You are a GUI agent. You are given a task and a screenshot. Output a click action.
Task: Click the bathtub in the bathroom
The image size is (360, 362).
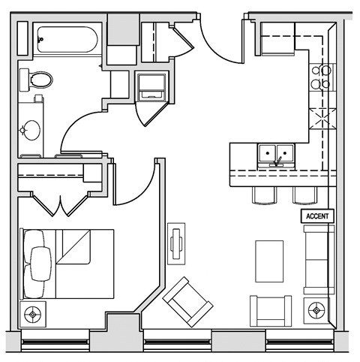pyautogui.click(x=66, y=39)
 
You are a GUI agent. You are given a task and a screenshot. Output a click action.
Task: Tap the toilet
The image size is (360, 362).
pyautogui.click(x=37, y=80)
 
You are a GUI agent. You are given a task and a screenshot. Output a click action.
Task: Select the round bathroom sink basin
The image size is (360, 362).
pyautogui.click(x=31, y=130)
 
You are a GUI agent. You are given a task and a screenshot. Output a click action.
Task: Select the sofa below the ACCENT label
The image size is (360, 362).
pyautogui.click(x=318, y=258)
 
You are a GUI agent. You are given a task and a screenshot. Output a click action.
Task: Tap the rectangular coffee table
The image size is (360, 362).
pyautogui.click(x=269, y=261)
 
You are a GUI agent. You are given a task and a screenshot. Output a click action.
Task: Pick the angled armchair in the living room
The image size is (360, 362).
pyautogui.click(x=187, y=302)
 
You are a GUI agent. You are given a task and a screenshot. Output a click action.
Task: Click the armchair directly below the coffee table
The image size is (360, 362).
pyautogui.click(x=270, y=310)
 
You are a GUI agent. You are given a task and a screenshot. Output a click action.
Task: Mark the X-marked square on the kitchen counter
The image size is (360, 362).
pyautogui.click(x=322, y=118)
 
